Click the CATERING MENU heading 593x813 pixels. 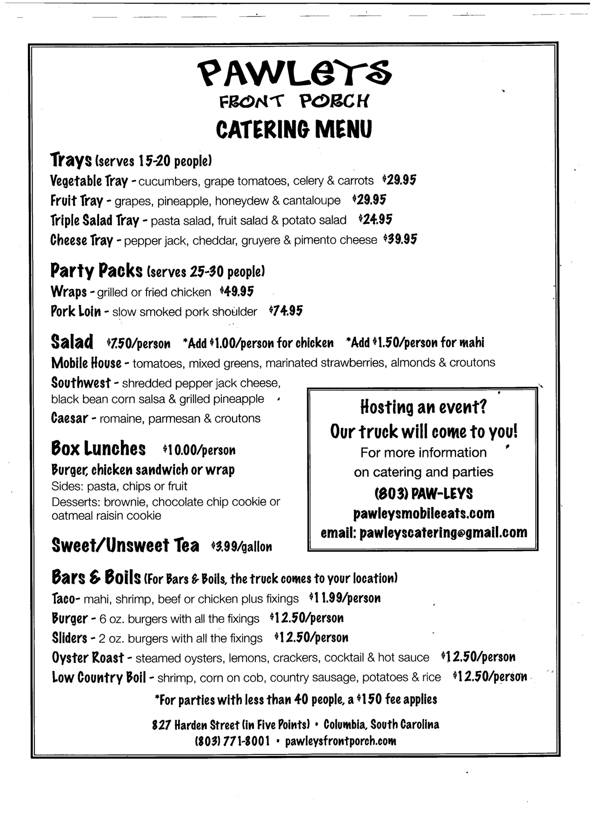click(x=294, y=129)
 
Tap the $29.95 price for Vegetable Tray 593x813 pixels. click(x=399, y=180)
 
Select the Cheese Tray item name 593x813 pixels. click(x=82, y=240)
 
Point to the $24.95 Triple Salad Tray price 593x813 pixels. click(x=375, y=219)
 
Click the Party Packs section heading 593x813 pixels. click(x=96, y=270)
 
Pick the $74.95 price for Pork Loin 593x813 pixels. click(x=286, y=311)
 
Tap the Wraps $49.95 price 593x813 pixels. click(x=237, y=291)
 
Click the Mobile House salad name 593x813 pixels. click(x=86, y=362)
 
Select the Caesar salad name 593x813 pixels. click(x=69, y=418)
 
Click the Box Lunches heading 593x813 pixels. click(x=98, y=449)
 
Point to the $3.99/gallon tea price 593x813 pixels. click(x=241, y=546)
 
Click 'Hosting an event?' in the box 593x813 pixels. click(x=423, y=407)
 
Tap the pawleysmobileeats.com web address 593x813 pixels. click(x=423, y=513)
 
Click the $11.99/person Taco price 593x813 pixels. click(x=345, y=598)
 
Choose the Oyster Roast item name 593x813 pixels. click(x=88, y=657)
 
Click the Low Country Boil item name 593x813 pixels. click(x=99, y=677)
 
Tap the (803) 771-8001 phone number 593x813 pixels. click(x=232, y=741)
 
